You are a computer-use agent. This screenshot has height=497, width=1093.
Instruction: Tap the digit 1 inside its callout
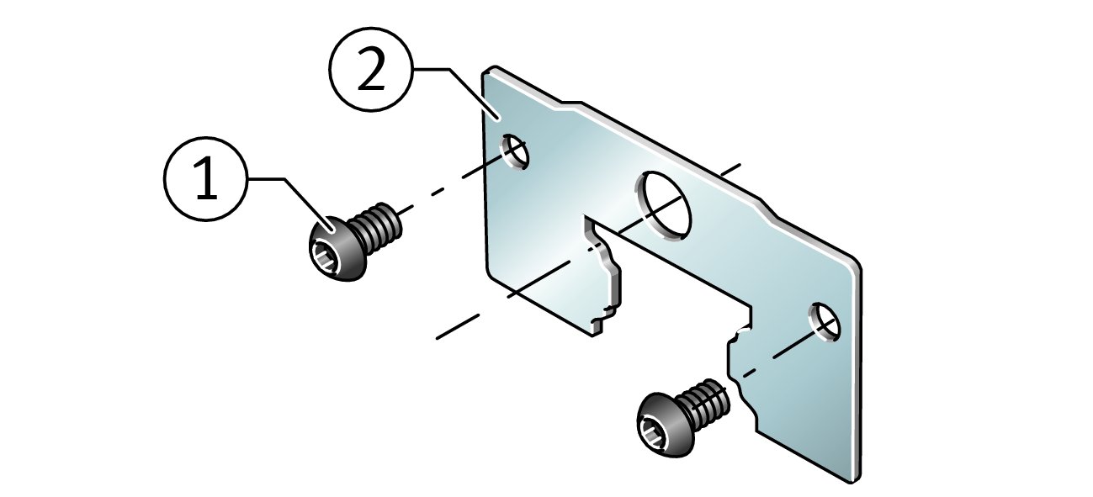point(206,178)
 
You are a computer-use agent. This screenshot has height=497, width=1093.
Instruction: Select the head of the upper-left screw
point(337,248)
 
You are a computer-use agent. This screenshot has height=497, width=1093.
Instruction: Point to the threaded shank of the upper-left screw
point(377,226)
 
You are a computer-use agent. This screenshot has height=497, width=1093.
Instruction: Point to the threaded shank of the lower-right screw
point(705,402)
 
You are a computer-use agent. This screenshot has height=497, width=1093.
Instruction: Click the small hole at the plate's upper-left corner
point(514,151)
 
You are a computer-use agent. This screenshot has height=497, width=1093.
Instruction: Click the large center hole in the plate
point(664,205)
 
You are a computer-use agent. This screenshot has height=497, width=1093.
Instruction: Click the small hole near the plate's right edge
point(825,321)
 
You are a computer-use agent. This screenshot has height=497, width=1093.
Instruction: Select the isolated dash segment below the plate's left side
point(457,327)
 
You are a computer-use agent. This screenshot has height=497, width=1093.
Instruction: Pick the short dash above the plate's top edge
point(730,169)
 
